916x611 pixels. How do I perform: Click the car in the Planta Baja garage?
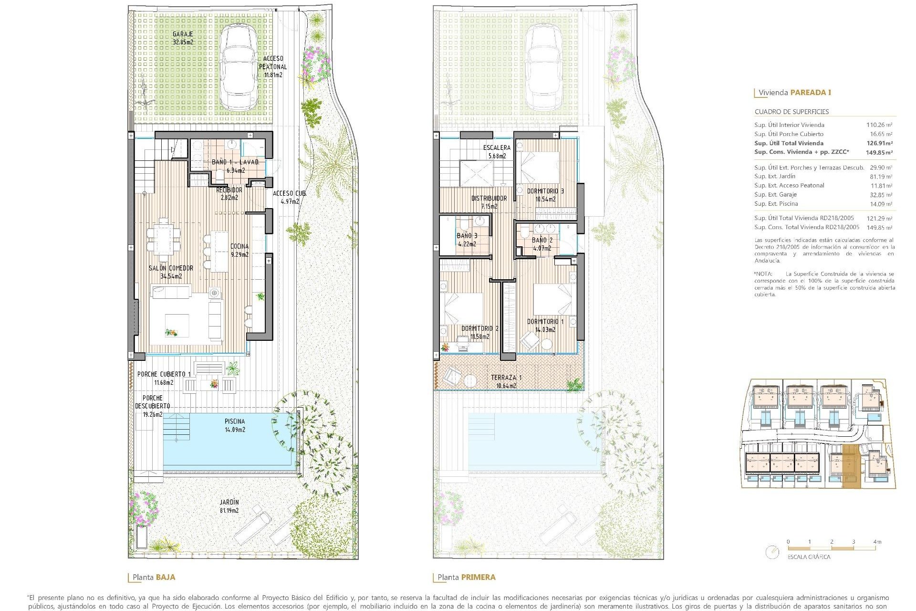[x=239, y=67]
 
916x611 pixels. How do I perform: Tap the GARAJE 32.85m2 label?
[x=183, y=38]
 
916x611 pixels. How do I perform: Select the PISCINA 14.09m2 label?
[x=235, y=425]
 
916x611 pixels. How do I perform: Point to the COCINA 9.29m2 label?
[x=239, y=250]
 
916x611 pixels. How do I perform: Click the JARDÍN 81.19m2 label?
[x=229, y=506]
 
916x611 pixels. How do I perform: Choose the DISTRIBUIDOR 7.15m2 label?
[x=489, y=202]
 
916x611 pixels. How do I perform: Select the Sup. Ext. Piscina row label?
[x=776, y=204]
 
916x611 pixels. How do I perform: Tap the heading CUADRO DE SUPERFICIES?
[x=791, y=112]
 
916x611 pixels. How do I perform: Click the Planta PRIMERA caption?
[x=466, y=577]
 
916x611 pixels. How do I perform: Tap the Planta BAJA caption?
[x=154, y=577]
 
